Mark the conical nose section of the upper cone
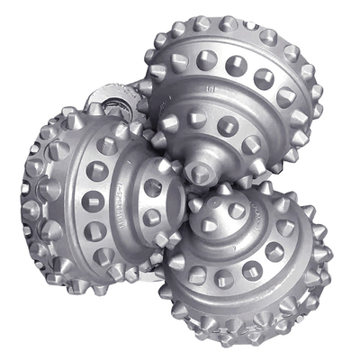pyautogui.click(x=202, y=153)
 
